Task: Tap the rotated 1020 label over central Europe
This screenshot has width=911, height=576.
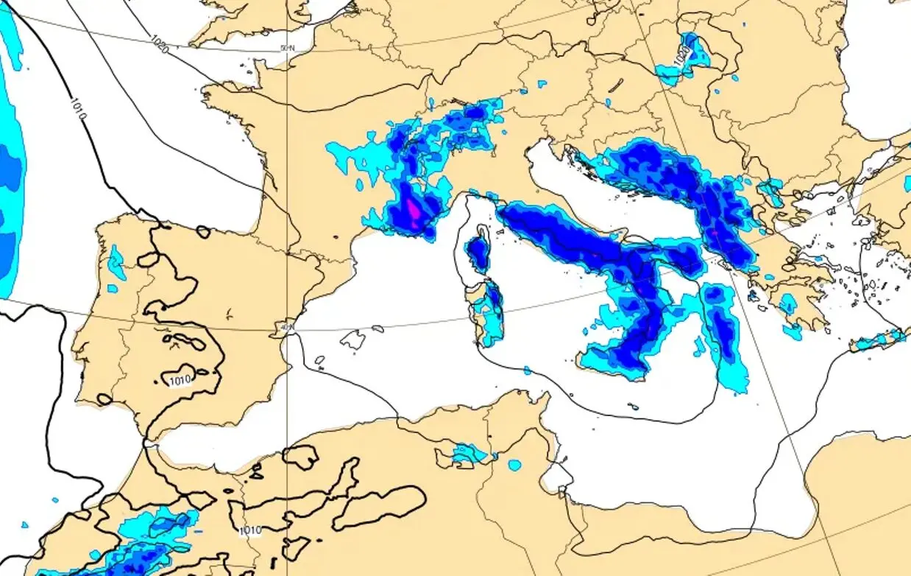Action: pyautogui.click(x=682, y=54)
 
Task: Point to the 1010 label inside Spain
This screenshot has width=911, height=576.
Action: pyautogui.click(x=180, y=381)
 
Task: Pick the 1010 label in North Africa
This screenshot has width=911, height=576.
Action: pyautogui.click(x=250, y=530)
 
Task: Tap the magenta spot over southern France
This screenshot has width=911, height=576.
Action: pyautogui.click(x=414, y=211)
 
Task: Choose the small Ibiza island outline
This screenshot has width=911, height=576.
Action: pyautogui.click(x=319, y=361)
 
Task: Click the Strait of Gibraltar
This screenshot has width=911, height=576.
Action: pyautogui.click(x=150, y=443)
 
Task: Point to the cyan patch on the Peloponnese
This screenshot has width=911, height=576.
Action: pyautogui.click(x=788, y=303)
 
